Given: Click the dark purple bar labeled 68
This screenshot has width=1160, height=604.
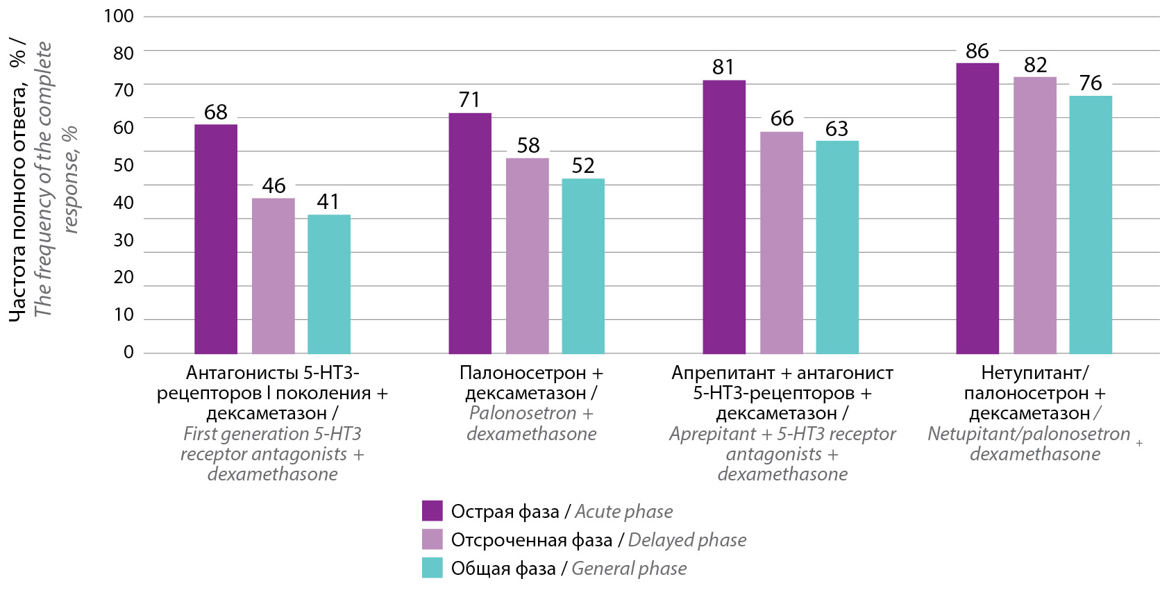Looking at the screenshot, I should point(215,239).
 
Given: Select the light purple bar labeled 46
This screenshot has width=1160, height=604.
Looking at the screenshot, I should point(273,276).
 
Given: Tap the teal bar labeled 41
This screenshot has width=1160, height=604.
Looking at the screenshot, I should point(328,284).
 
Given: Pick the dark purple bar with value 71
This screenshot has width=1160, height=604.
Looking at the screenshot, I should point(469,233).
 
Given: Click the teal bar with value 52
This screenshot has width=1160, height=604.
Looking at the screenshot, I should point(582,266).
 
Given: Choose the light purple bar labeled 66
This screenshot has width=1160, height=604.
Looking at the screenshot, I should point(781,242).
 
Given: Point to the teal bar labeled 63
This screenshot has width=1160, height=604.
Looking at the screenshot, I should point(837,247).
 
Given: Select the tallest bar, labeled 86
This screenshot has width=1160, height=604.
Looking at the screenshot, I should point(977,208).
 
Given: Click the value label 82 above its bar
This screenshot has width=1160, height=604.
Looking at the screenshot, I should point(1035,65).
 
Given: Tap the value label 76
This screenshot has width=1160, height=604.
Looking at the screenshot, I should point(1091,83).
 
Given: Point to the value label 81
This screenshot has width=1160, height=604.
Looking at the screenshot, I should point(723,67).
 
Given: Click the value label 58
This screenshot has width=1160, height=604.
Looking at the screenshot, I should point(528,146).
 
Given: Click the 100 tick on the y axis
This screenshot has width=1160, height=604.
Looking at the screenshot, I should point(119,16).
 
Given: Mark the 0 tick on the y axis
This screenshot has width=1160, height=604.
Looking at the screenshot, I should point(128,352).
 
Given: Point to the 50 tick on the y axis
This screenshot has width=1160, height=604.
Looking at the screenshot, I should point(124,165).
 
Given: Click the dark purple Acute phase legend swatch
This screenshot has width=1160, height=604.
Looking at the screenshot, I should point(432,511).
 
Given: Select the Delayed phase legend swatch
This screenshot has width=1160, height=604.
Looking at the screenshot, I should point(432,539).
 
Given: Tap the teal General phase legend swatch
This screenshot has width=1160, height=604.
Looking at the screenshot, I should point(432,568).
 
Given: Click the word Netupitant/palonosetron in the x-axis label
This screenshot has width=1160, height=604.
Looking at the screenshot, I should point(1028,434).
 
